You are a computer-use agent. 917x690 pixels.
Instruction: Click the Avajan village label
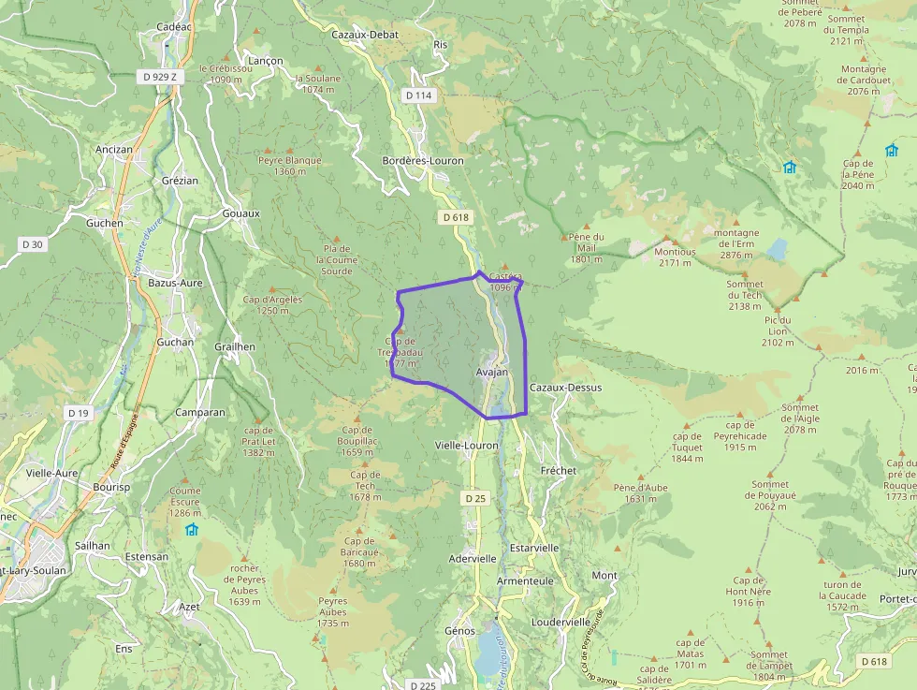click(x=492, y=372)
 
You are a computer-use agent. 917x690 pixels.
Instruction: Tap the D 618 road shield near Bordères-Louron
click(x=454, y=217)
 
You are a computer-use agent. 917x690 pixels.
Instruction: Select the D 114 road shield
click(x=419, y=95)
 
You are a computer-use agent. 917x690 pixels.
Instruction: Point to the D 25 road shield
click(x=475, y=498)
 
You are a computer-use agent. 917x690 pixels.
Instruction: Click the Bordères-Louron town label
click(x=423, y=160)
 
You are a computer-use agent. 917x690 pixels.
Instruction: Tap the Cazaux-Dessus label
click(x=565, y=387)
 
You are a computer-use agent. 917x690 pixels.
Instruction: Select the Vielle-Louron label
click(x=467, y=446)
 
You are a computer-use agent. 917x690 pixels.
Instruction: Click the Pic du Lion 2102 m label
click(x=777, y=330)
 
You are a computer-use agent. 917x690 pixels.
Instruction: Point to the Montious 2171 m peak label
click(x=675, y=257)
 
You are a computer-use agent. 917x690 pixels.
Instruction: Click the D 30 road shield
click(x=32, y=244)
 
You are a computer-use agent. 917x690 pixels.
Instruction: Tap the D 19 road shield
click(x=78, y=413)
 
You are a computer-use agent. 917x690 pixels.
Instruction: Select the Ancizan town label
click(x=114, y=149)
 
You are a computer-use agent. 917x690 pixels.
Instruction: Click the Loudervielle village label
click(x=560, y=621)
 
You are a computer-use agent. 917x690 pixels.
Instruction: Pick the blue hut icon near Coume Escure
click(x=192, y=530)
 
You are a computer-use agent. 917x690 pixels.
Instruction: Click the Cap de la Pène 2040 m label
click(x=858, y=174)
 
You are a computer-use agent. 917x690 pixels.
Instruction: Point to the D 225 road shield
click(x=423, y=685)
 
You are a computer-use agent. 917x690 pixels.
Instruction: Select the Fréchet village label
click(x=559, y=470)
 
